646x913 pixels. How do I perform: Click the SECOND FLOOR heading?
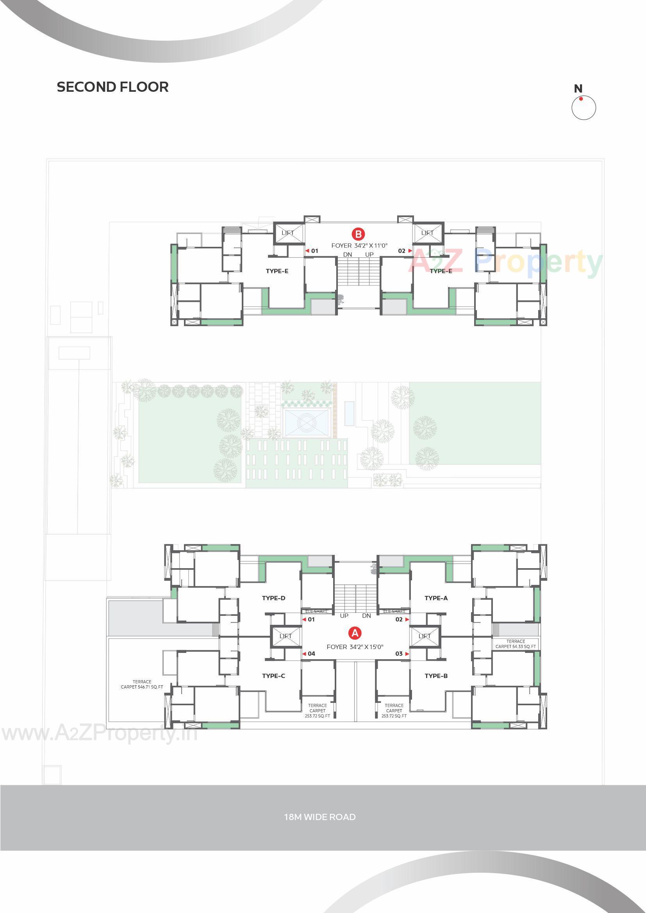(112, 87)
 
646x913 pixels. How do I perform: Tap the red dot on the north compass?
(581, 99)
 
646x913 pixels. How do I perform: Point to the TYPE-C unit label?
(274, 676)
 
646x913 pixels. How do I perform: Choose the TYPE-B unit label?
(436, 676)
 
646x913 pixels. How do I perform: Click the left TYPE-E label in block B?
(277, 271)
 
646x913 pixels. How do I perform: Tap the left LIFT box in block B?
(288, 233)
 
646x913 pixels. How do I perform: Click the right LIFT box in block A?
(425, 636)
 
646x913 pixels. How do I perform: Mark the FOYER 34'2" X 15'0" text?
(355, 647)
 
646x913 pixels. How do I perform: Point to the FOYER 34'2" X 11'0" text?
(359, 246)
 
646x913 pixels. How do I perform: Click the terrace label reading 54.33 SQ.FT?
(516, 644)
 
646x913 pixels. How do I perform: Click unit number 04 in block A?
(311, 654)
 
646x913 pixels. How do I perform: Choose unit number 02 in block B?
(402, 251)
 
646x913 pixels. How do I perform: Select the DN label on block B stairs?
(348, 255)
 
